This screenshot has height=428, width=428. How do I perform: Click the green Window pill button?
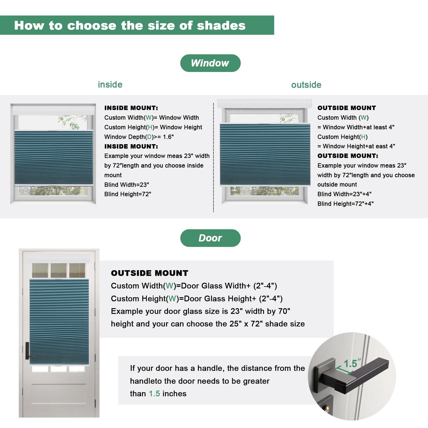coord(210,63)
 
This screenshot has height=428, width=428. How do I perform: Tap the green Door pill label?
coord(210,238)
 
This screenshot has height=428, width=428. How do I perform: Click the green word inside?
coord(110,85)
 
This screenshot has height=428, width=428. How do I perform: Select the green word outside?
coord(306,85)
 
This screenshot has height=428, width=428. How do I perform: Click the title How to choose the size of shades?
coord(130,25)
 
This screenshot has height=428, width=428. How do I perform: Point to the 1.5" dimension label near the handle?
coord(352,363)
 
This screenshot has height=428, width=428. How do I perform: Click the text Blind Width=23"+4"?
coord(344,194)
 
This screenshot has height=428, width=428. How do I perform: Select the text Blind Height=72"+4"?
coord(345,204)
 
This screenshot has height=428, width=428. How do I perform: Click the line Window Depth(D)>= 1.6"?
coord(139,137)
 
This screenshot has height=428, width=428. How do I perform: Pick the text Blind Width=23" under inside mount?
coord(127,185)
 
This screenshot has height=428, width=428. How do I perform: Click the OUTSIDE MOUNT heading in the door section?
coord(150,273)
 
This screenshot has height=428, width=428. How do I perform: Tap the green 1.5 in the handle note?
coord(154,394)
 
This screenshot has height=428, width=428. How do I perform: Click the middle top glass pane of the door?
coord(59,270)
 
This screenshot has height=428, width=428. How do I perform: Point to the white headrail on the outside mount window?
coord(265,103)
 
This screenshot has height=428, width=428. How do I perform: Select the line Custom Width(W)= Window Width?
coord(151,118)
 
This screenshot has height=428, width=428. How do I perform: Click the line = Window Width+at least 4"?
coord(356,127)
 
